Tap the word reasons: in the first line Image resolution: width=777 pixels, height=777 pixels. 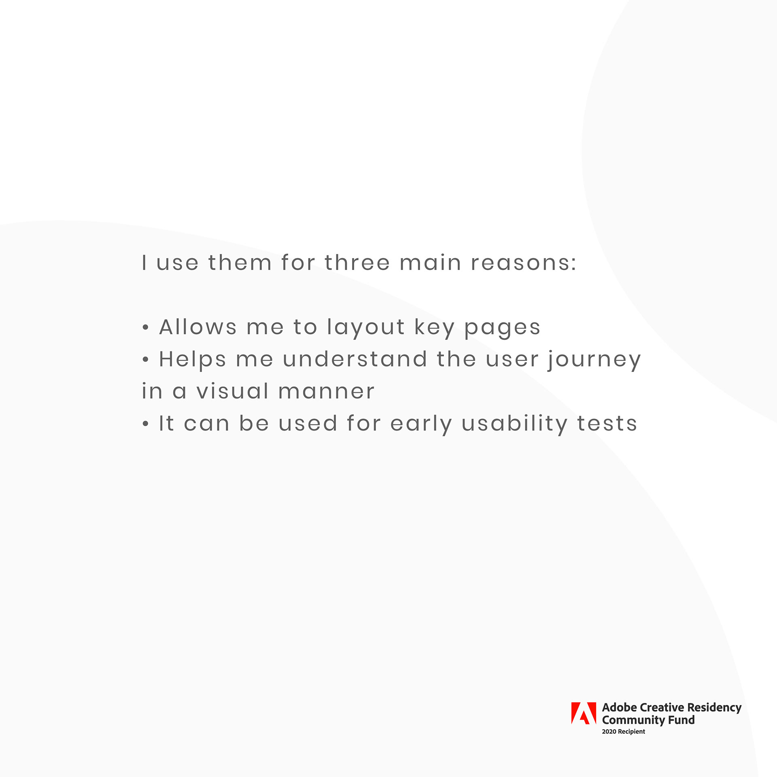pos(524,263)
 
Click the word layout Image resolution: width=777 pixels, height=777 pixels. pos(366,328)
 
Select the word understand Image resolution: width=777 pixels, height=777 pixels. pos(355,359)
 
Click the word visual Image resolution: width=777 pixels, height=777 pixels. pos(233,391)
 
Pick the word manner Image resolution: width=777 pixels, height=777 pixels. pos(327,392)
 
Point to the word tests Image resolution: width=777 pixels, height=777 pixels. pos(607,424)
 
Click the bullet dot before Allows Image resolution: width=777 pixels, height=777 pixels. pos(146,327)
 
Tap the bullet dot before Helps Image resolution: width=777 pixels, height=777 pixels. pos(146,359)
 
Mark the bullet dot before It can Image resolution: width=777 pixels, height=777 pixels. pos(146,424)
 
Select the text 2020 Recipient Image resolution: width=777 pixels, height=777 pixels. pos(623,731)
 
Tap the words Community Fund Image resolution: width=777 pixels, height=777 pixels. pos(648,720)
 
